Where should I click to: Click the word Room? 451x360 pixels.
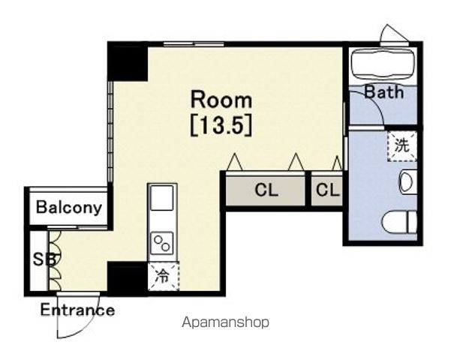click(x=221, y=100)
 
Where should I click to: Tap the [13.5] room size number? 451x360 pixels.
click(x=221, y=127)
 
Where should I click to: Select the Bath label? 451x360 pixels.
click(x=384, y=92)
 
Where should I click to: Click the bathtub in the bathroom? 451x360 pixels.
click(x=383, y=64)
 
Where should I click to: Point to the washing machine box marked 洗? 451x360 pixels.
click(x=401, y=145)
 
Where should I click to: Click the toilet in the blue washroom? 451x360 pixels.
click(x=399, y=222)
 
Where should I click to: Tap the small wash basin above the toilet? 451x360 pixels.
click(x=408, y=181)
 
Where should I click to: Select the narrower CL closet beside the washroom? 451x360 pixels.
click(x=327, y=190)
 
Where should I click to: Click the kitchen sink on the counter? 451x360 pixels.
click(x=162, y=197)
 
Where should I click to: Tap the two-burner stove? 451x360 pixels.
click(x=162, y=243)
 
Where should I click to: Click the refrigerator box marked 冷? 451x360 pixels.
click(x=163, y=276)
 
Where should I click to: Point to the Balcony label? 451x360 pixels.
click(x=69, y=207)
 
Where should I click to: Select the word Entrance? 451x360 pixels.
click(x=77, y=310)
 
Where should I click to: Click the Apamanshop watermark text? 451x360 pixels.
click(x=226, y=322)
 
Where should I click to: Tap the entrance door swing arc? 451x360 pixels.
click(x=86, y=325)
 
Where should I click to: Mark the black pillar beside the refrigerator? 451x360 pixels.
click(x=128, y=279)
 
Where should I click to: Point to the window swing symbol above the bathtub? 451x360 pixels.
click(x=394, y=34)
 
